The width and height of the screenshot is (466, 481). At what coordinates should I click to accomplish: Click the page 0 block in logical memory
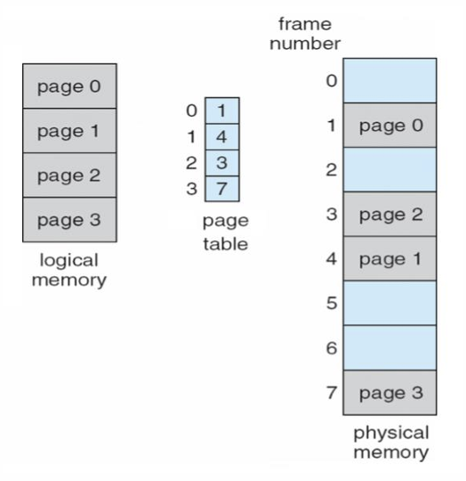click(x=69, y=86)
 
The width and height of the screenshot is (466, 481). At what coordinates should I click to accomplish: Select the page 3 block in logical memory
click(x=69, y=220)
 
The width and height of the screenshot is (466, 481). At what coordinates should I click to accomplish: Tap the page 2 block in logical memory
click(x=69, y=175)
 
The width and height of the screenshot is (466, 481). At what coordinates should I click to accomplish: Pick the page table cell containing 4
click(x=222, y=137)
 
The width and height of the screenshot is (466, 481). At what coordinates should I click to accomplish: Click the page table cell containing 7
click(x=222, y=189)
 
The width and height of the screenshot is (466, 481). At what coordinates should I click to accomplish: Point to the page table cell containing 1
click(x=222, y=110)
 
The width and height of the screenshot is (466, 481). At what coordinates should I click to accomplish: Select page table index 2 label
click(x=191, y=163)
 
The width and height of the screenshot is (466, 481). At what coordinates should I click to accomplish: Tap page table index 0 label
click(x=191, y=110)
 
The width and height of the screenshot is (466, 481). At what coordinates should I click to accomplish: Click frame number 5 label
click(x=332, y=304)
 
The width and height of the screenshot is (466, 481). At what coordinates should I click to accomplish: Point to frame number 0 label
click(x=332, y=81)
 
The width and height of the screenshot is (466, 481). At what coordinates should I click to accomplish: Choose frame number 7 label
click(x=332, y=393)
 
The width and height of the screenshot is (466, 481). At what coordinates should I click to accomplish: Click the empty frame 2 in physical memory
click(x=390, y=169)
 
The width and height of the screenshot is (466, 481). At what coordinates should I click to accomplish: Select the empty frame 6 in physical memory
click(x=390, y=348)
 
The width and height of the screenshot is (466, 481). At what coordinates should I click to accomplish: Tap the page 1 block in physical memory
click(x=390, y=258)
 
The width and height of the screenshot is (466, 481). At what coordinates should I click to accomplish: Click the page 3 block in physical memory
click(x=390, y=393)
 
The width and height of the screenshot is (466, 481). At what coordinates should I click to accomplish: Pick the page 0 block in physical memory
click(x=390, y=126)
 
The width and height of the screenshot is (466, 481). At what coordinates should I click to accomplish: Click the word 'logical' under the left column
click(x=69, y=261)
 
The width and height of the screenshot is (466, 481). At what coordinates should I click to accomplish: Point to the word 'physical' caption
click(x=391, y=434)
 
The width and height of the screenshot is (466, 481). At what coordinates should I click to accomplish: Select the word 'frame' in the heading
click(x=305, y=24)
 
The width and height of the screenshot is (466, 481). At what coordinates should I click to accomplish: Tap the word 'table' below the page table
click(x=226, y=244)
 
